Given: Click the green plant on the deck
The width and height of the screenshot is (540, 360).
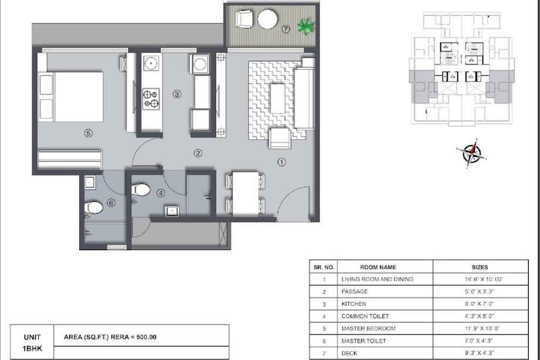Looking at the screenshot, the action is click(305, 26).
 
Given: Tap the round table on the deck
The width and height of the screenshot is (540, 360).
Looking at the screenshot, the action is click(267, 19).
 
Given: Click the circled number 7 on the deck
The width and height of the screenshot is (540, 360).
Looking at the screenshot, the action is click(286, 29).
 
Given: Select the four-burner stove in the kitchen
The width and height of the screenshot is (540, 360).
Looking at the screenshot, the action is click(151, 99).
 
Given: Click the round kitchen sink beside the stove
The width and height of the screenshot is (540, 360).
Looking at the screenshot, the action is click(151, 64).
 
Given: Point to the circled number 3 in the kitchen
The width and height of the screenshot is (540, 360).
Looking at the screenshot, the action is click(177, 94).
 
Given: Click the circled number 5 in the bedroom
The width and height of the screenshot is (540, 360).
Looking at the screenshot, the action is click(88, 133).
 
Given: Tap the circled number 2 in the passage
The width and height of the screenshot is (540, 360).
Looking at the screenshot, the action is click(198, 153).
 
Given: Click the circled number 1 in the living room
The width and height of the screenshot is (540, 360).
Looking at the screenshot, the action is click(282, 162).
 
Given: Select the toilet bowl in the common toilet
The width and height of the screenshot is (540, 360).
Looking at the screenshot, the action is click(141, 190).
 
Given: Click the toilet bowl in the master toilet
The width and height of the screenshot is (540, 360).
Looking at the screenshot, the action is click(94, 207).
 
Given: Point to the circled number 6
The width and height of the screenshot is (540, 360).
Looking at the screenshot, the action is click(111, 203).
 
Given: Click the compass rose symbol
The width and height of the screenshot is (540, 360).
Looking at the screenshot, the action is click(472, 153).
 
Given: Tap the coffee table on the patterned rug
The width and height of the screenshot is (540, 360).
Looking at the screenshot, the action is click(278, 98).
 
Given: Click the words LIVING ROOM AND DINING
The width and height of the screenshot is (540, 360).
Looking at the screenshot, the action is click(377, 279).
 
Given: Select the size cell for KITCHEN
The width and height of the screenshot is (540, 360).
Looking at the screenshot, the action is click(480, 304).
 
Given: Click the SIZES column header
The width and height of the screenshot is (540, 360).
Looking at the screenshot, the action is click(480, 267).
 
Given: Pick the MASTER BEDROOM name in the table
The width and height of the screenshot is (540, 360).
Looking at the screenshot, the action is click(368, 328).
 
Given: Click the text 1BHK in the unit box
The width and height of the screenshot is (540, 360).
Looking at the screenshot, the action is click(32, 348).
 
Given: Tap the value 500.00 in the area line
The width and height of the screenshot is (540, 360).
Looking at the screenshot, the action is click(146, 337).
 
